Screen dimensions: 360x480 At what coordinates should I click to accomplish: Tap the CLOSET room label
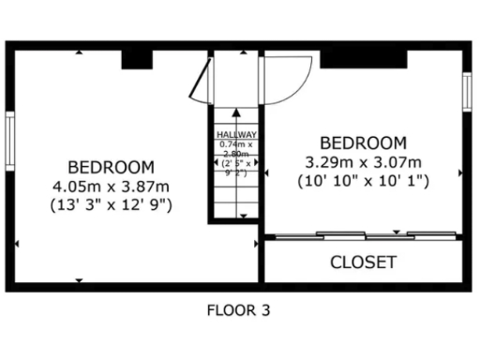363,262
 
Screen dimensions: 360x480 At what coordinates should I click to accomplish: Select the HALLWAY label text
236,135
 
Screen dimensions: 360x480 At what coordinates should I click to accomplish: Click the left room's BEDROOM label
110,168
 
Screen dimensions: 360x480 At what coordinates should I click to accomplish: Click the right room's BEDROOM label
363,142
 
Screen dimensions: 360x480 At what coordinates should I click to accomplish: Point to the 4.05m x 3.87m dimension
110,185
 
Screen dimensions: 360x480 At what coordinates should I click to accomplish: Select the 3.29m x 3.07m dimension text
363,161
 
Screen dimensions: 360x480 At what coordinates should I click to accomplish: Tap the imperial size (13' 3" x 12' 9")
110,202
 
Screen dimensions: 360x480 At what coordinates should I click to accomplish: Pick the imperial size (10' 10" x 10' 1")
363,180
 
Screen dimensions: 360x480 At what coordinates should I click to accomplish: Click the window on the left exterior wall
10,142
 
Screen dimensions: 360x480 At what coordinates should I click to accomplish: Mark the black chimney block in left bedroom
137,59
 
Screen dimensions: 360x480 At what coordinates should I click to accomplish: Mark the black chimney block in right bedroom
364,58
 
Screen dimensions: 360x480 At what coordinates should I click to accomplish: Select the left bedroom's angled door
200,79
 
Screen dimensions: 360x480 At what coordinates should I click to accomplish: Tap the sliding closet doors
364,234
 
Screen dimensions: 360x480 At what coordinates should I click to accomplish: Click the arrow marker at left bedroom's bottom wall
79,279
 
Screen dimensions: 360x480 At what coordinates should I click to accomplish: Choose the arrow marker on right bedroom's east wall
459,172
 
